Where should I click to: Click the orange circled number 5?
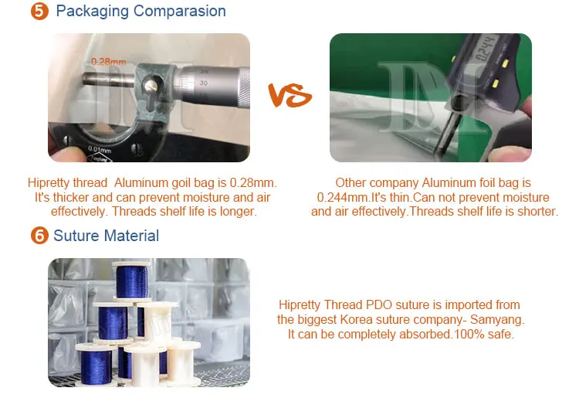(39, 11)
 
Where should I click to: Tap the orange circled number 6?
(39, 236)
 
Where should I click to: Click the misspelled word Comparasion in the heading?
(179, 11)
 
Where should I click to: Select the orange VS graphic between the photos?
(289, 95)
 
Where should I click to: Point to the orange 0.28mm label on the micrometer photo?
(108, 62)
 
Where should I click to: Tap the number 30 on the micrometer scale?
(203, 83)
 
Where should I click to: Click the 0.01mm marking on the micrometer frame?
(100, 150)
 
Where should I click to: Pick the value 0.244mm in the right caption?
(343, 197)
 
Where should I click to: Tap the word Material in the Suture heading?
(131, 236)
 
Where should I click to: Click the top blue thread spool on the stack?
(131, 281)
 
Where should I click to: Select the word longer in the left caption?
(239, 212)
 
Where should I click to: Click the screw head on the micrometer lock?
(151, 86)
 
